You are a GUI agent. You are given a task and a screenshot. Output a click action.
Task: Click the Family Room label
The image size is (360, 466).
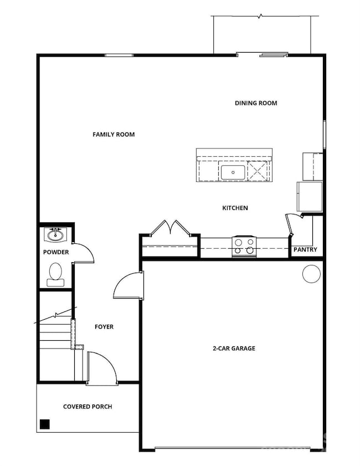[114, 135]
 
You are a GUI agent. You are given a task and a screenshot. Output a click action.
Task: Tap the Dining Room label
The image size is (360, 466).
[256, 103]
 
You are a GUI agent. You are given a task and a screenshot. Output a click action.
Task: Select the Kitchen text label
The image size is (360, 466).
[235, 208]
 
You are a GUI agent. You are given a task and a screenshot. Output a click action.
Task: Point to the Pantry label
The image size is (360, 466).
[306, 250]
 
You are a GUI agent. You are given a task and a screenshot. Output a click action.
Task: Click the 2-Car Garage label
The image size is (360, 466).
[234, 349]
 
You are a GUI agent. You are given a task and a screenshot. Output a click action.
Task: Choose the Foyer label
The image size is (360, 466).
[104, 327]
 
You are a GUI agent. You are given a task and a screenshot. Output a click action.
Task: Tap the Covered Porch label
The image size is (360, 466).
[88, 407]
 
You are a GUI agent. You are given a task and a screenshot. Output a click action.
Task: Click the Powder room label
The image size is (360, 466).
[56, 253]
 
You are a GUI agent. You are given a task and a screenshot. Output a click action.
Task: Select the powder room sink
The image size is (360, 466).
[55, 235]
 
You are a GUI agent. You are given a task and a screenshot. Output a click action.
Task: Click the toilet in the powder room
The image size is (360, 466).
[55, 274]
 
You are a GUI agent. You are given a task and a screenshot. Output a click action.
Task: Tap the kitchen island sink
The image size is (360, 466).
[233, 172]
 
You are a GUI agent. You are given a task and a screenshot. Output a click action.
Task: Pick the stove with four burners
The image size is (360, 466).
[244, 246]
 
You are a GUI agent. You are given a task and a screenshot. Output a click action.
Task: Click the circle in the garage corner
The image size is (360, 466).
[311, 274]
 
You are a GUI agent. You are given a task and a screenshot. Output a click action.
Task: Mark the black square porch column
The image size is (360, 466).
[45, 424]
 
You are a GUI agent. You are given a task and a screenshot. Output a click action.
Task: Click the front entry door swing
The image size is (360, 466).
[102, 366]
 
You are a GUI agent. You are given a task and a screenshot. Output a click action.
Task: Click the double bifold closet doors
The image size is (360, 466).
[171, 228]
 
